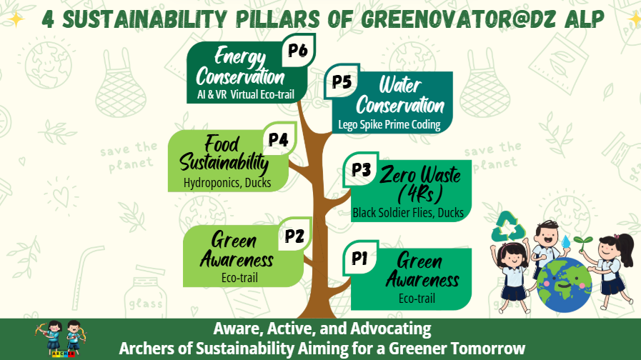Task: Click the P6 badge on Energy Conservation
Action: [x=298, y=50]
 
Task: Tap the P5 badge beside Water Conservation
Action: [x=342, y=81]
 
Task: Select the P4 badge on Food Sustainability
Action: [x=279, y=139]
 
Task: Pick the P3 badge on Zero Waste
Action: [x=361, y=169]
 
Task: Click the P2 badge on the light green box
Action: [x=294, y=235]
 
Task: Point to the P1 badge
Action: [x=360, y=258]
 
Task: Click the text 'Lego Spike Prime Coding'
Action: [x=389, y=124]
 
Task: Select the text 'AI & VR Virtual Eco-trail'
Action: [x=246, y=94]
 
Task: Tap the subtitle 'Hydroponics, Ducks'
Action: [x=227, y=183]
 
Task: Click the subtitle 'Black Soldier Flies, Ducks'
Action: [x=408, y=212]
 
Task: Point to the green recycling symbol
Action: [x=508, y=226]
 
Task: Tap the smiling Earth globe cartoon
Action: [x=564, y=284]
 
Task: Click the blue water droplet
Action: [x=566, y=241]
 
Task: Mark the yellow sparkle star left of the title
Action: [x=16, y=19]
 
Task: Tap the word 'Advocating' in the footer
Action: [x=391, y=329]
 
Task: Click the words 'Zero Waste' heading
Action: [x=420, y=174]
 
